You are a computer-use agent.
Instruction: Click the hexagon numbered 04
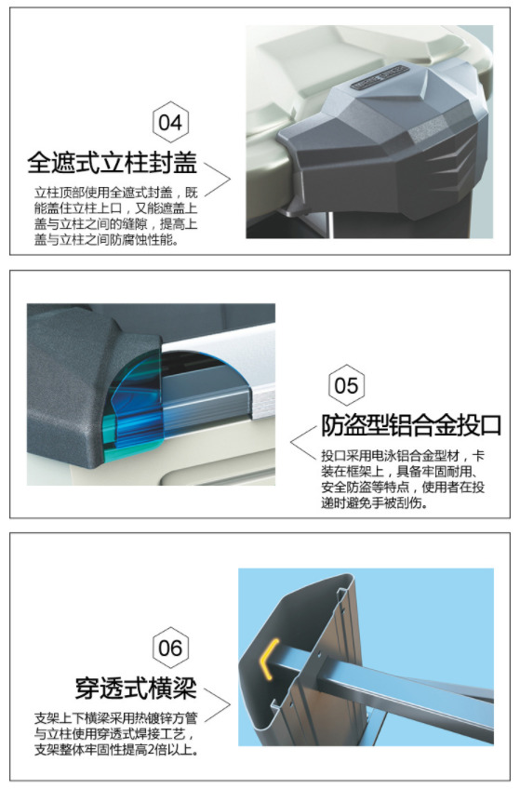[170, 122]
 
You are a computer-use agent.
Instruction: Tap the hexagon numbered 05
[346, 385]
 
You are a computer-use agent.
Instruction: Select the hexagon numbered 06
[170, 649]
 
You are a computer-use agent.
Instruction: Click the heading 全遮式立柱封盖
[113, 162]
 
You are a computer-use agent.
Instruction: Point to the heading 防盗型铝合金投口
[411, 425]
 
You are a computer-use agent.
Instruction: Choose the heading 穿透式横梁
[136, 688]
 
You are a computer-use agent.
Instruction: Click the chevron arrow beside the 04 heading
[218, 180]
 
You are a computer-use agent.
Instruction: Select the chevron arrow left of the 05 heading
[303, 443]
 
